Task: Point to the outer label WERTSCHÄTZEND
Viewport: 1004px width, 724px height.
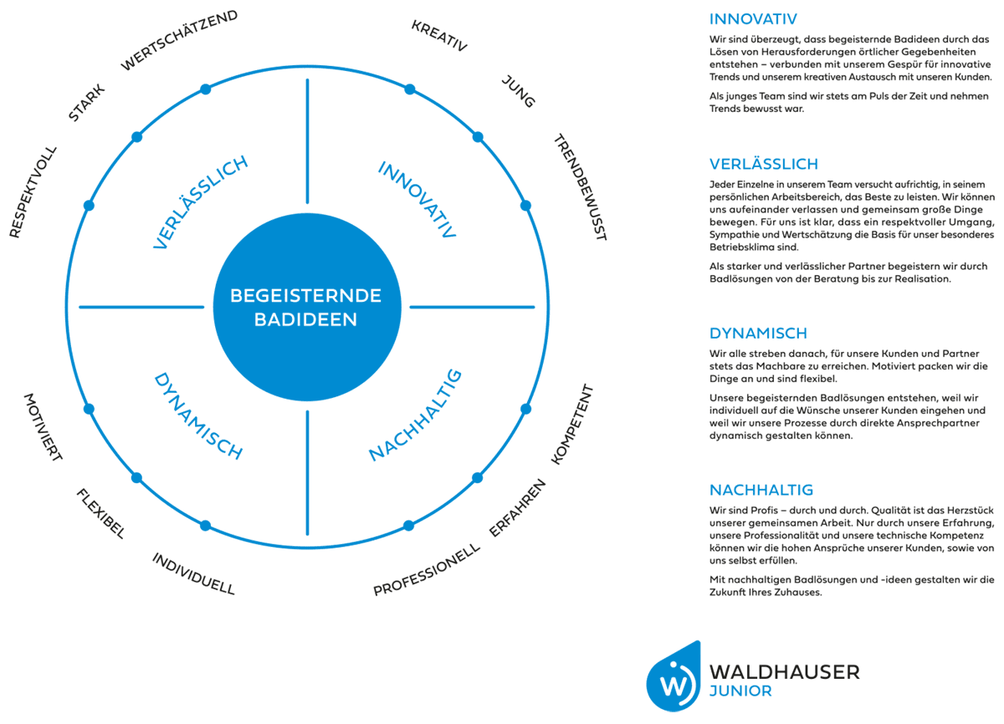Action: point(179,40)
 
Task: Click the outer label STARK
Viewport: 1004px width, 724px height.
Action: point(86,103)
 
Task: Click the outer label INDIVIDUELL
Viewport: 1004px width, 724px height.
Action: point(193,574)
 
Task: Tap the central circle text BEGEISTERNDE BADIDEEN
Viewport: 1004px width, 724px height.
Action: point(306,307)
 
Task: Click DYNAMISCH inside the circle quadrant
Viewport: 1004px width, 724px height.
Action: point(198,416)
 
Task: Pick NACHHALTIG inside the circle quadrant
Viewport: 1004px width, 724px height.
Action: point(416,415)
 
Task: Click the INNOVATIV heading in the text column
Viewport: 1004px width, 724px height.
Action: point(753,19)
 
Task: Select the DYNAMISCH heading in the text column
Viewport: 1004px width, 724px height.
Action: point(758,333)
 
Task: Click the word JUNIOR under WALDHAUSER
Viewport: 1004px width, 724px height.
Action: point(740,691)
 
